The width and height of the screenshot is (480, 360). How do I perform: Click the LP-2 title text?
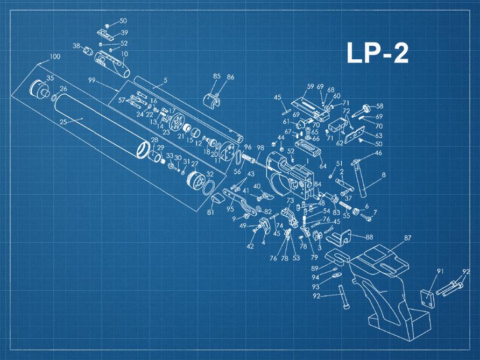coord(377,54)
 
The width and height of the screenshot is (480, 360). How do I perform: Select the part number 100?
coord(54,57)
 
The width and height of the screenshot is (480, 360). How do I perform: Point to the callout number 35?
coord(50,79)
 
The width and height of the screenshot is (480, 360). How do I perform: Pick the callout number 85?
coord(217,76)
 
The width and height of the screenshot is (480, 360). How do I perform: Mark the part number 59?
coord(310,86)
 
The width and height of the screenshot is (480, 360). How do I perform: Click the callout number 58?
coord(379,106)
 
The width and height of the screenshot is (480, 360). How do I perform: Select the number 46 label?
coord(378,153)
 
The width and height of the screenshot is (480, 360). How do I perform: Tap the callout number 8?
coord(384,175)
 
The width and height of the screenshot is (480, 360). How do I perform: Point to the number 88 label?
coord(369,237)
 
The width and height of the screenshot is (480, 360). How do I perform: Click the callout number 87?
coord(407,237)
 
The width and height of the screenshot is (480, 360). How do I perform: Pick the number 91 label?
coord(440,271)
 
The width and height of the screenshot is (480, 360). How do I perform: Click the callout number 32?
coord(210,175)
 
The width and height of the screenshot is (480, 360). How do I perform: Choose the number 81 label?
coord(210,213)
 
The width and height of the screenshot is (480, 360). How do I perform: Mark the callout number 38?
coord(76,46)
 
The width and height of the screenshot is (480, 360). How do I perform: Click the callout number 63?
coord(379,136)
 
